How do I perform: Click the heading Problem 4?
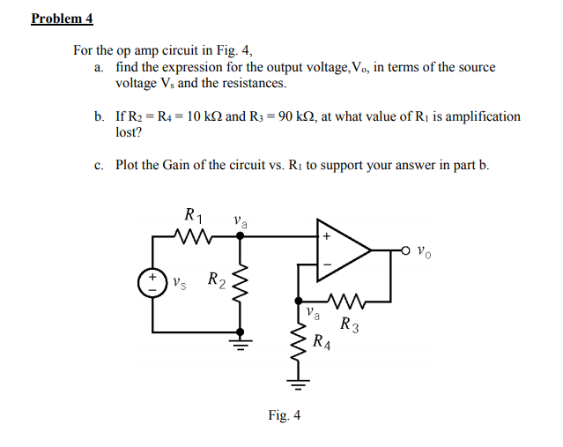pyautogui.click(x=62, y=19)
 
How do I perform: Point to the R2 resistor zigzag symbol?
pyautogui.click(x=236, y=283)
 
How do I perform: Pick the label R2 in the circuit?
pyautogui.click(x=216, y=281)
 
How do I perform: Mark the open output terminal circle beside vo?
pyautogui.click(x=407, y=250)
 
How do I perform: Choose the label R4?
pyautogui.click(x=322, y=342)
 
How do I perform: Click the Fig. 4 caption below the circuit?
pyautogui.click(x=284, y=415)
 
